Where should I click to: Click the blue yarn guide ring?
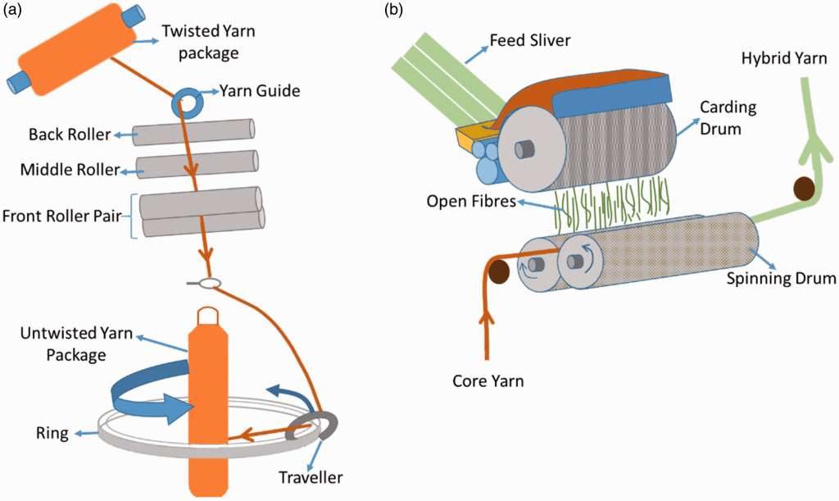click(x=187, y=103)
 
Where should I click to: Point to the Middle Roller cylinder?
click(x=197, y=164)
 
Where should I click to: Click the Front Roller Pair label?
click(x=64, y=216)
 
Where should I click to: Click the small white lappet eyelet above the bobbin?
click(x=210, y=284)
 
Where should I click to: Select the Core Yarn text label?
click(x=489, y=381)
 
